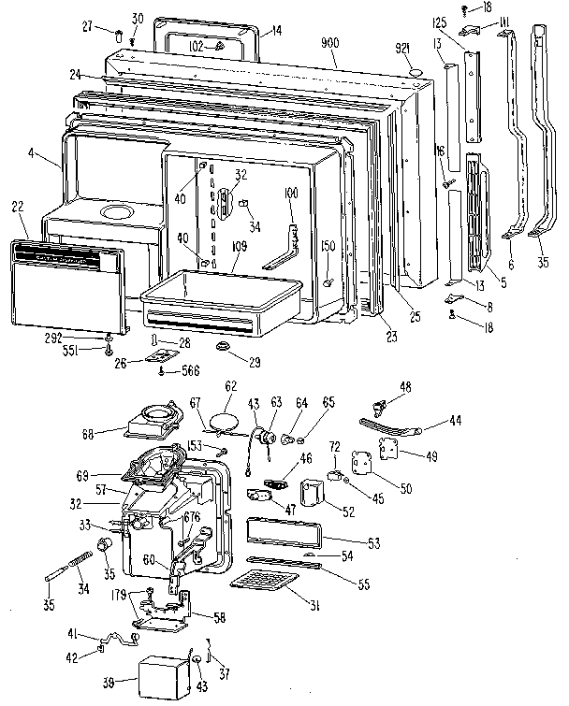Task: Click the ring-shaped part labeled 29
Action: [225, 348]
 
